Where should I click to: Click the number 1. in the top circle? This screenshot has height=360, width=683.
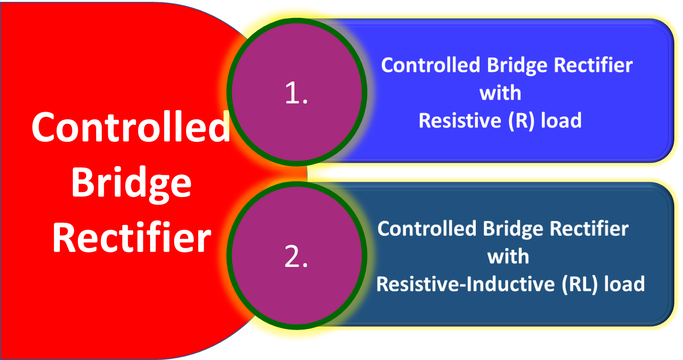tap(296, 94)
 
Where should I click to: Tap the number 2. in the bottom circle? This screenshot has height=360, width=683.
tap(296, 258)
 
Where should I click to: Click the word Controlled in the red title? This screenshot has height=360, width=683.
tap(131, 128)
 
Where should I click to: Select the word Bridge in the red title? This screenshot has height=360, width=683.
tap(131, 183)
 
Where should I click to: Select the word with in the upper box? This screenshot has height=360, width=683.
tap(500, 93)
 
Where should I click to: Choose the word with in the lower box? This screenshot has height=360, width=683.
tap(508, 256)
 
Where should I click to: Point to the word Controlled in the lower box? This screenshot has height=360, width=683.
tap(427, 229)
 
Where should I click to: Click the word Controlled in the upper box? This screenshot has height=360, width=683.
tap(431, 65)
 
